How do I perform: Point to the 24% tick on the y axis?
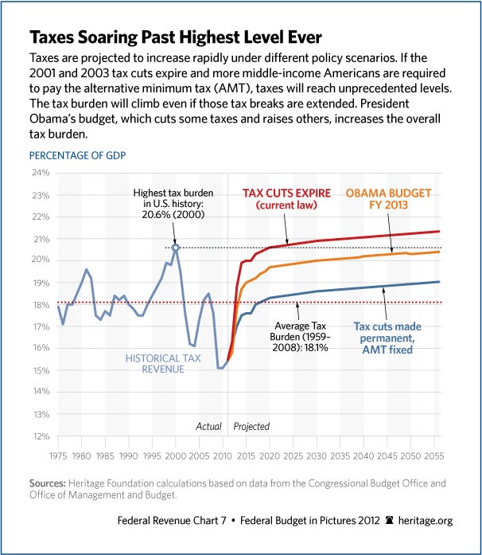40,173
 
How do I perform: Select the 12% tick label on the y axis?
40,436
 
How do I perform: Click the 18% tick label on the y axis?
40,305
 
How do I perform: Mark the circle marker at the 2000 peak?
176,248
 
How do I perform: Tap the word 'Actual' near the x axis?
208,426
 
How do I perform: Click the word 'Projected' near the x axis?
251,426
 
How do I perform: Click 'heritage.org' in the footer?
425,521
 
